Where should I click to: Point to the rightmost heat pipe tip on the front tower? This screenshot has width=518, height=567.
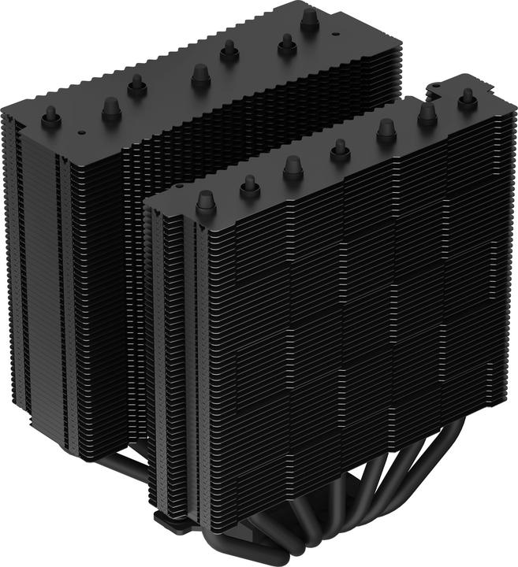(x=467, y=97)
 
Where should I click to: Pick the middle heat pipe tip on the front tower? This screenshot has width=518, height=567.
(x=340, y=149)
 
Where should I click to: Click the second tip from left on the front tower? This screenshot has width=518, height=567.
(x=250, y=184)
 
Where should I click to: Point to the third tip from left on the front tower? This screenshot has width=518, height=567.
(x=293, y=166)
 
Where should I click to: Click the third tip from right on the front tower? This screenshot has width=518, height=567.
(x=386, y=129)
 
